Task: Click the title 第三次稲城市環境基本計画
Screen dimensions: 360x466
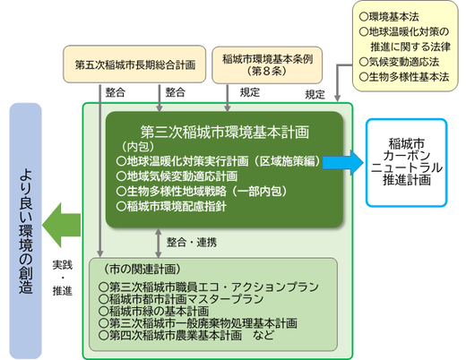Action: click(x=225, y=130)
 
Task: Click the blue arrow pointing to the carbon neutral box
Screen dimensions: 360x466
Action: click(x=340, y=161)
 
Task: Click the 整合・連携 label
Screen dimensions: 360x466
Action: click(x=191, y=240)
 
